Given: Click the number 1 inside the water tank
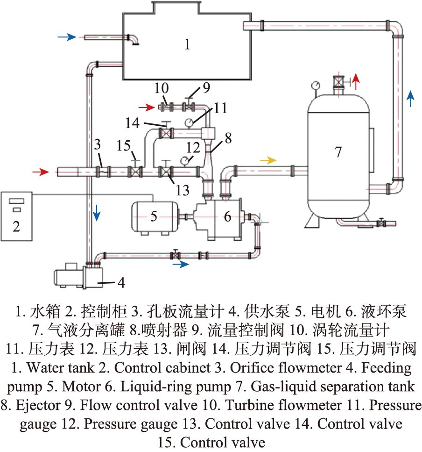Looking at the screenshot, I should coord(187,44).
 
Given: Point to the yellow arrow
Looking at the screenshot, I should coord(268,160).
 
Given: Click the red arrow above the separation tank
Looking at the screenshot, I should coord(356,81).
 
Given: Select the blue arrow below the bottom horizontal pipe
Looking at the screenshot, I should coord(181,264).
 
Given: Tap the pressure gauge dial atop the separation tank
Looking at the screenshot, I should coord(316,86).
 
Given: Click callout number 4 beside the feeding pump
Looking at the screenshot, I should coord(121,282).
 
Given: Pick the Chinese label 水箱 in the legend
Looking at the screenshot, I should coord(45,311).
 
